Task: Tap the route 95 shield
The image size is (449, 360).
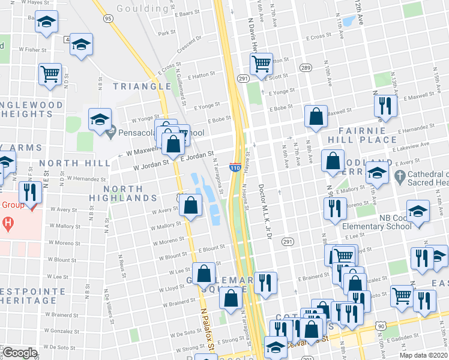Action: point(108,19)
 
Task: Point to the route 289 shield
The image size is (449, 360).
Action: point(306,68)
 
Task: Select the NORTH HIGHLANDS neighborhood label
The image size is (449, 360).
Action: point(123,193)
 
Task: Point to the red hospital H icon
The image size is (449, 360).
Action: point(8,225)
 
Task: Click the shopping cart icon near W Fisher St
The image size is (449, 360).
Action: point(50,74)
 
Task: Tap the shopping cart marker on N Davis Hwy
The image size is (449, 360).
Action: point(261,62)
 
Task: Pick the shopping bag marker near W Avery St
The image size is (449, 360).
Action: point(190,206)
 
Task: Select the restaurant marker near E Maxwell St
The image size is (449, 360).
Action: point(385,106)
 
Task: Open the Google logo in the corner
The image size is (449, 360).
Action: point(20,353)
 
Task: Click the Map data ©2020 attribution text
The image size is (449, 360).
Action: point(423,355)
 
